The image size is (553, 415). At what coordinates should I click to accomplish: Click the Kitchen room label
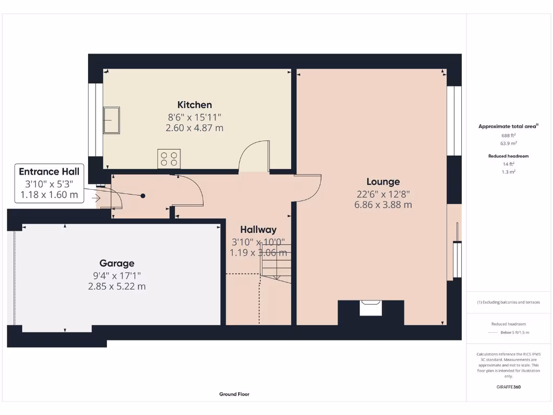(194, 105)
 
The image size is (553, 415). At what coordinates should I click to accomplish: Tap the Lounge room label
(383, 182)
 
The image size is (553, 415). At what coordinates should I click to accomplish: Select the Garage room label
(117, 263)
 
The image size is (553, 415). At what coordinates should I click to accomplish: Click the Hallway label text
(258, 229)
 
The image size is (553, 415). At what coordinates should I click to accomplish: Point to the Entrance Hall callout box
(49, 183)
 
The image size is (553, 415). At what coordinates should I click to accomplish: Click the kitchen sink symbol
(112, 120)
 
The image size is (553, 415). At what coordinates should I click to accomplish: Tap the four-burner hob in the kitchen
(168, 159)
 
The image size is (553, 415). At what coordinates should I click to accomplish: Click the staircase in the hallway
(276, 262)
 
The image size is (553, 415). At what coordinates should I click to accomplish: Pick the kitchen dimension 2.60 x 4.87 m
(194, 128)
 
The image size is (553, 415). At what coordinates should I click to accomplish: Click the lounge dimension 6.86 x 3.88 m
(383, 205)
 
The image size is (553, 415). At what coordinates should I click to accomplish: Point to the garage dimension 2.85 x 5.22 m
(117, 286)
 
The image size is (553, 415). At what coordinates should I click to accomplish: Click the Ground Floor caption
(234, 394)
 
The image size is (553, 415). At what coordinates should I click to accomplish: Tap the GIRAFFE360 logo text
(509, 387)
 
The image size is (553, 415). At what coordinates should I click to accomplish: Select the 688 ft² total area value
(509, 135)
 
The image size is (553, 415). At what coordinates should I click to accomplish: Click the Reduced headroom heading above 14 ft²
(509, 156)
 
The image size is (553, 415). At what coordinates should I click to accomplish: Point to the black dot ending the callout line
(143, 196)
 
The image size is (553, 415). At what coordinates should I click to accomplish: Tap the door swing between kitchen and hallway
(254, 157)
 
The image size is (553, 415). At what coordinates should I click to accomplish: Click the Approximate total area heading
(508, 126)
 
